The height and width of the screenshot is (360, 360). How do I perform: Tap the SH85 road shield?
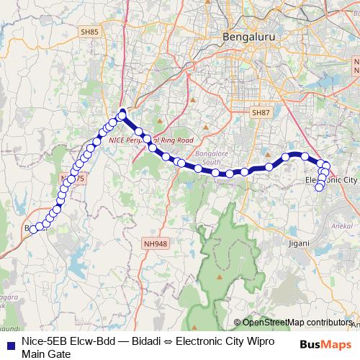point(89,32)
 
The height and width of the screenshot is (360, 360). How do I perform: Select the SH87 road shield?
point(260,112)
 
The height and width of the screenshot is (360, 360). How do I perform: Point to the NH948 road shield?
point(156,244)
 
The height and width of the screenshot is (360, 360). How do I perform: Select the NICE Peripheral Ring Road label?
point(151,140)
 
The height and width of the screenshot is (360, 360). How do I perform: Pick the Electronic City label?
point(331,179)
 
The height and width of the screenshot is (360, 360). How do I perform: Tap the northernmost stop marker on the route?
point(122,113)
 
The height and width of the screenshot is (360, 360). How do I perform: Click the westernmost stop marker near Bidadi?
point(32,230)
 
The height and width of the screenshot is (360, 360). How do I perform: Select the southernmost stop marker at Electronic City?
point(320,187)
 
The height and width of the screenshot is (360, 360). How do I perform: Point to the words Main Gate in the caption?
point(46,353)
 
